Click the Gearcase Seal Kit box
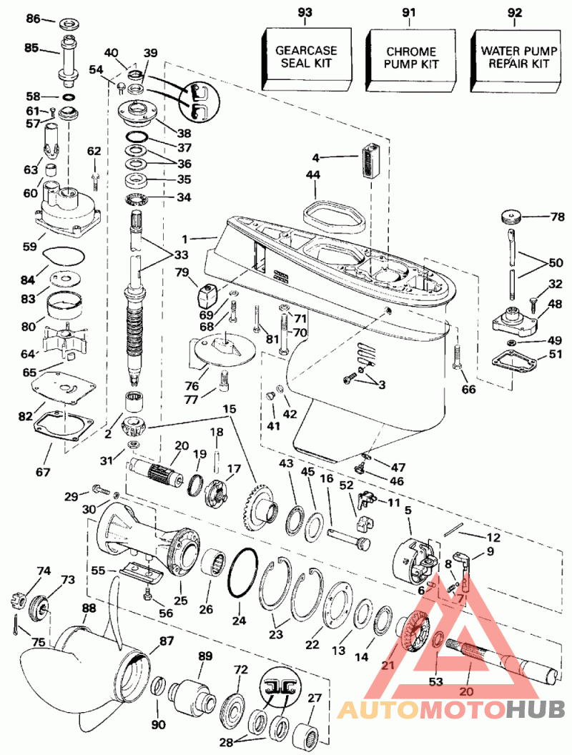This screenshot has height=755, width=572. (x=307, y=57)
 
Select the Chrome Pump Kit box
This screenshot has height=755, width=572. (x=410, y=58)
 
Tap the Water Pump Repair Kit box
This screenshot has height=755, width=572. (x=514, y=58)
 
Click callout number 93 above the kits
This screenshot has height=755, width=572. (x=306, y=12)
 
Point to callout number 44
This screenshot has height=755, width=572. (x=312, y=175)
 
